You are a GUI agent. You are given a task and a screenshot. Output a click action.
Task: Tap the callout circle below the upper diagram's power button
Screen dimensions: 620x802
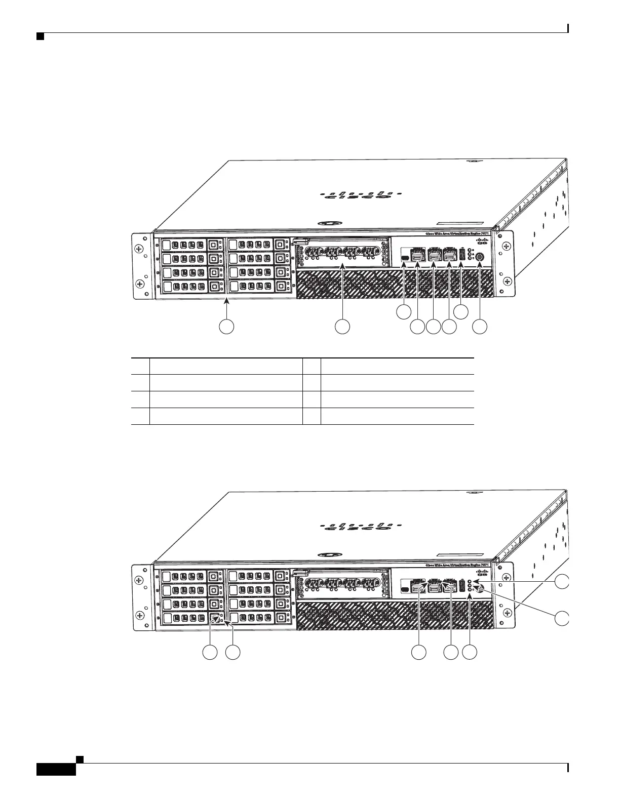click(480, 327)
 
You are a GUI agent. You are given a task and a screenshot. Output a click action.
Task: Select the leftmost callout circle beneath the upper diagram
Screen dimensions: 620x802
click(226, 327)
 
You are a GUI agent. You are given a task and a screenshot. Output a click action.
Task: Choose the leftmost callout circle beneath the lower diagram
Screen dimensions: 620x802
click(210, 653)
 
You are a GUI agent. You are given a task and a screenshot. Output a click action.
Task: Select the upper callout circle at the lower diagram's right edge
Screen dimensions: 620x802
click(561, 582)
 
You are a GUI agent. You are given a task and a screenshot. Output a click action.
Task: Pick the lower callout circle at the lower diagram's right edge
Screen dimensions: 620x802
click(561, 618)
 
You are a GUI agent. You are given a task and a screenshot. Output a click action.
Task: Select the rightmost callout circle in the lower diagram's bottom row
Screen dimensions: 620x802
click(472, 653)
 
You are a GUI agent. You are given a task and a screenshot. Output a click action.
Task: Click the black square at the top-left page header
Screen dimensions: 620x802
click(40, 36)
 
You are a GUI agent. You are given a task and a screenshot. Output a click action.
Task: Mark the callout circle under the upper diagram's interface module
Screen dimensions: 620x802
click(343, 327)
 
